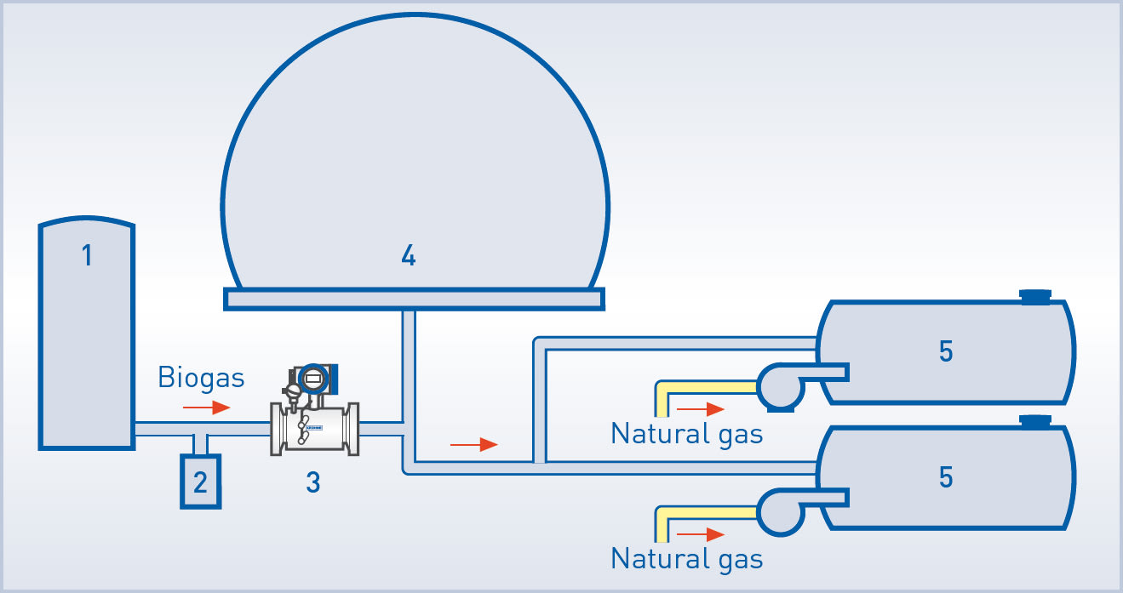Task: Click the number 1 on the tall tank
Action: [x=87, y=255]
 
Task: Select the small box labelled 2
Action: [x=200, y=482]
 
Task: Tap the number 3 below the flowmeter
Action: [x=312, y=482]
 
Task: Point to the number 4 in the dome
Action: [x=409, y=255]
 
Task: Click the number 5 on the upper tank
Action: [x=945, y=351]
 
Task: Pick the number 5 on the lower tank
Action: [x=945, y=478]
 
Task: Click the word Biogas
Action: [x=201, y=378]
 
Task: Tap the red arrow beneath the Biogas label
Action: [x=207, y=408]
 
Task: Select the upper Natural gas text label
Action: [x=686, y=434]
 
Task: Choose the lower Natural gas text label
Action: [x=686, y=559]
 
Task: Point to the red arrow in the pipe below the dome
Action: [x=473, y=444]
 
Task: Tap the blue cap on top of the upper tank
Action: [x=1035, y=296]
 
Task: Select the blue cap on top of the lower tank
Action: [x=1035, y=421]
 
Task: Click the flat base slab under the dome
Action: [x=414, y=299]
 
